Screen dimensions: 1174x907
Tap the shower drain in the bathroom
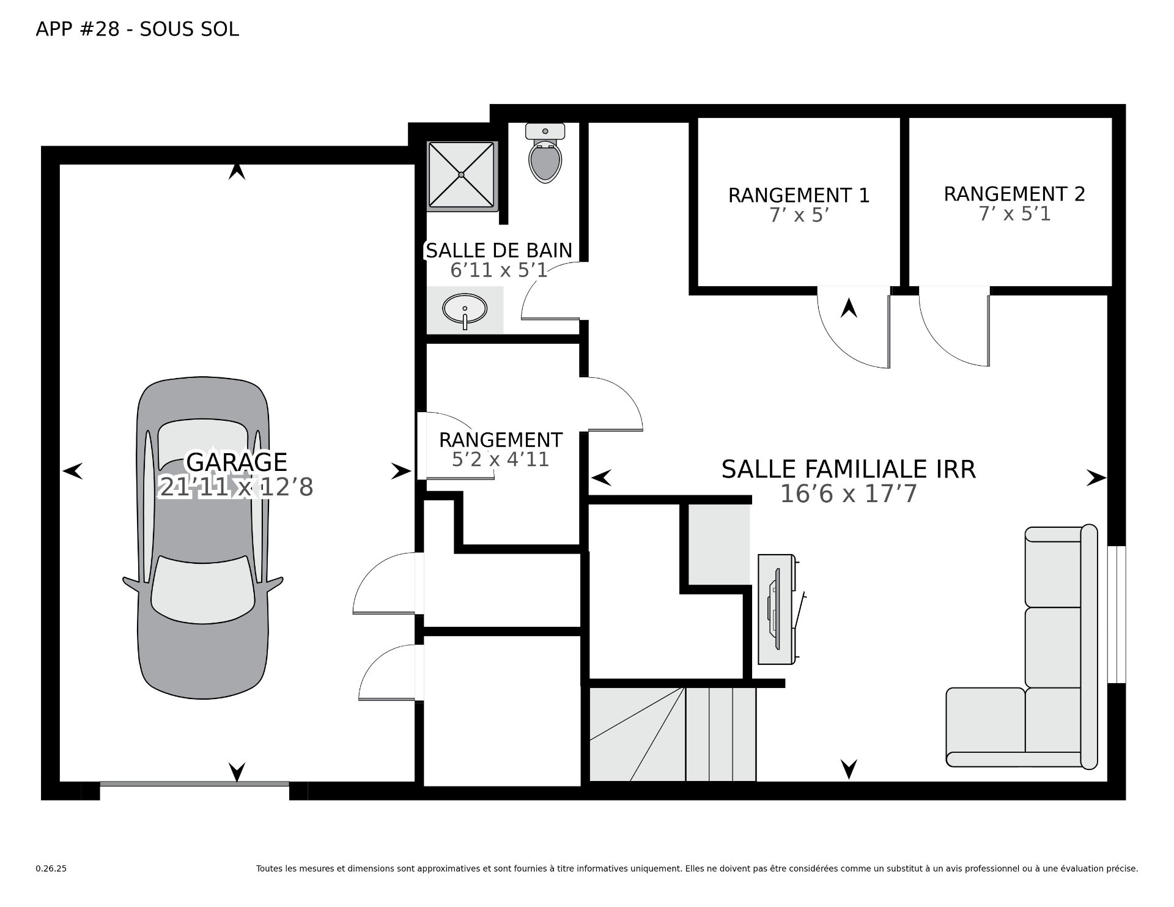point(461,175)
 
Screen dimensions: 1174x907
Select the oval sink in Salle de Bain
point(465,309)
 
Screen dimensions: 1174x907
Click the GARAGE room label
point(237,462)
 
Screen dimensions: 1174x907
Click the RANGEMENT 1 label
point(799,195)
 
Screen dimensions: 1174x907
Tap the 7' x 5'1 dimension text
point(1014,214)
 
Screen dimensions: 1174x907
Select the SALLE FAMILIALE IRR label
point(848,469)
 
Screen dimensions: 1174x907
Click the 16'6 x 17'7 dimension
point(849,494)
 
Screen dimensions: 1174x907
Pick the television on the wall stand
point(774,609)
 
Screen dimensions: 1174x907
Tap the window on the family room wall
point(1117,614)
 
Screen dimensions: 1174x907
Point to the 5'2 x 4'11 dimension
point(500,459)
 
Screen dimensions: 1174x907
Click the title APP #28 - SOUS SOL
point(138,29)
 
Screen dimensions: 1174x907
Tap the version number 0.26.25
point(51,868)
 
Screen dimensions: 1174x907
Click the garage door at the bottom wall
point(194,783)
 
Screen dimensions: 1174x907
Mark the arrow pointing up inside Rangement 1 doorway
point(849,307)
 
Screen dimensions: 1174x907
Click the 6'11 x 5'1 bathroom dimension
point(499,270)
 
